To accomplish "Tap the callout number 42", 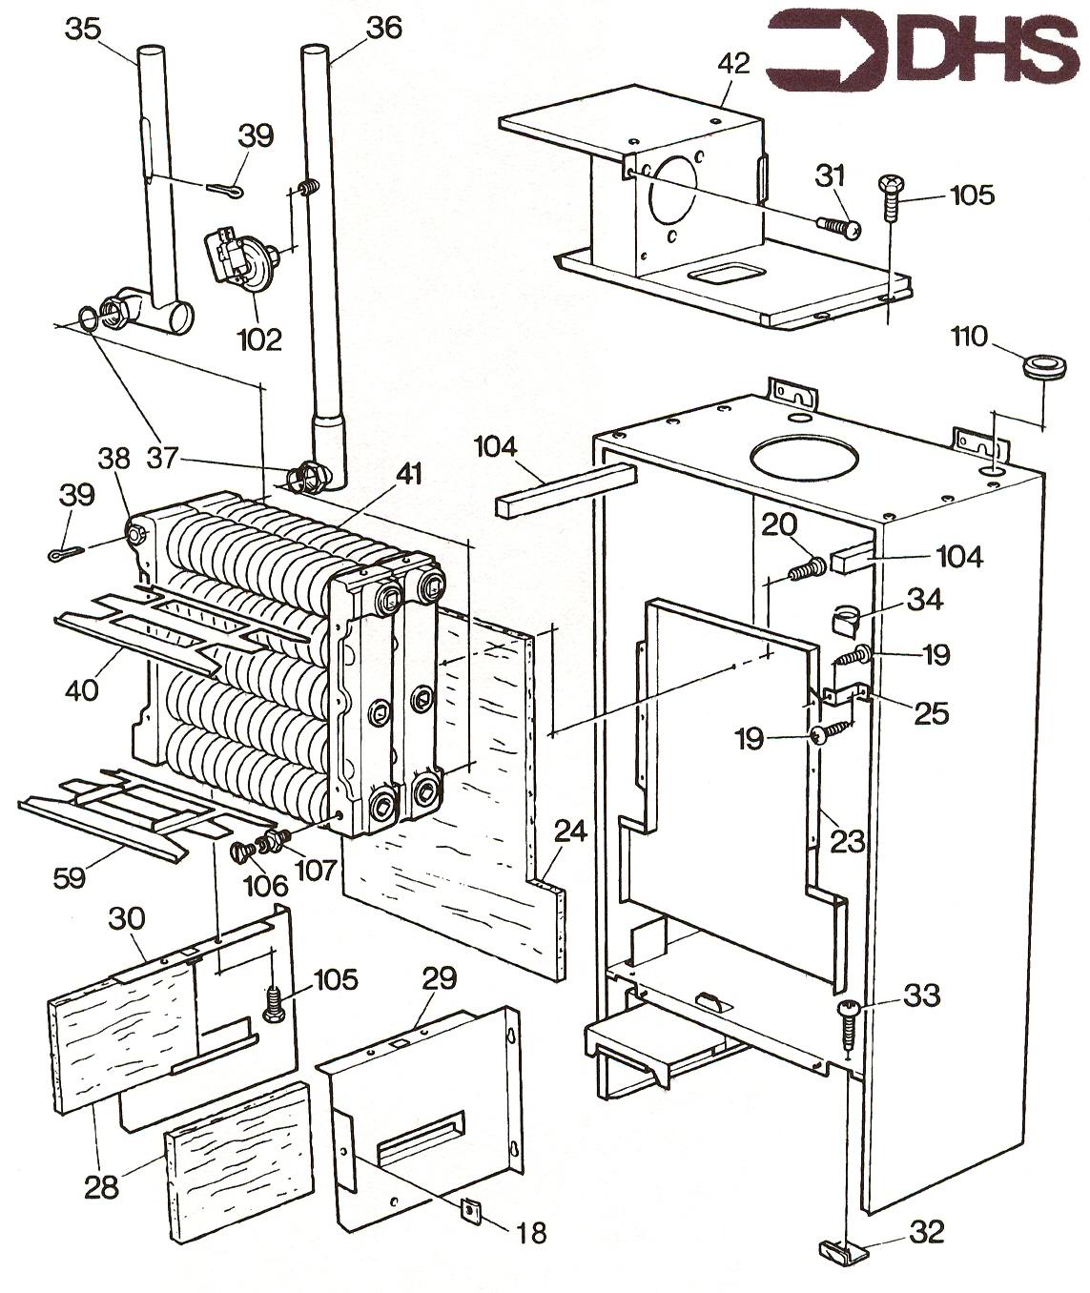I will (x=734, y=65).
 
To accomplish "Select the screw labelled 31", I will (x=838, y=226).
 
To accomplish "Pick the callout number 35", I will (x=82, y=29).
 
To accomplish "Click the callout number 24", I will (x=570, y=831).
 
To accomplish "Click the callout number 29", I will (x=441, y=977).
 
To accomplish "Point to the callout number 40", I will (x=82, y=689).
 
